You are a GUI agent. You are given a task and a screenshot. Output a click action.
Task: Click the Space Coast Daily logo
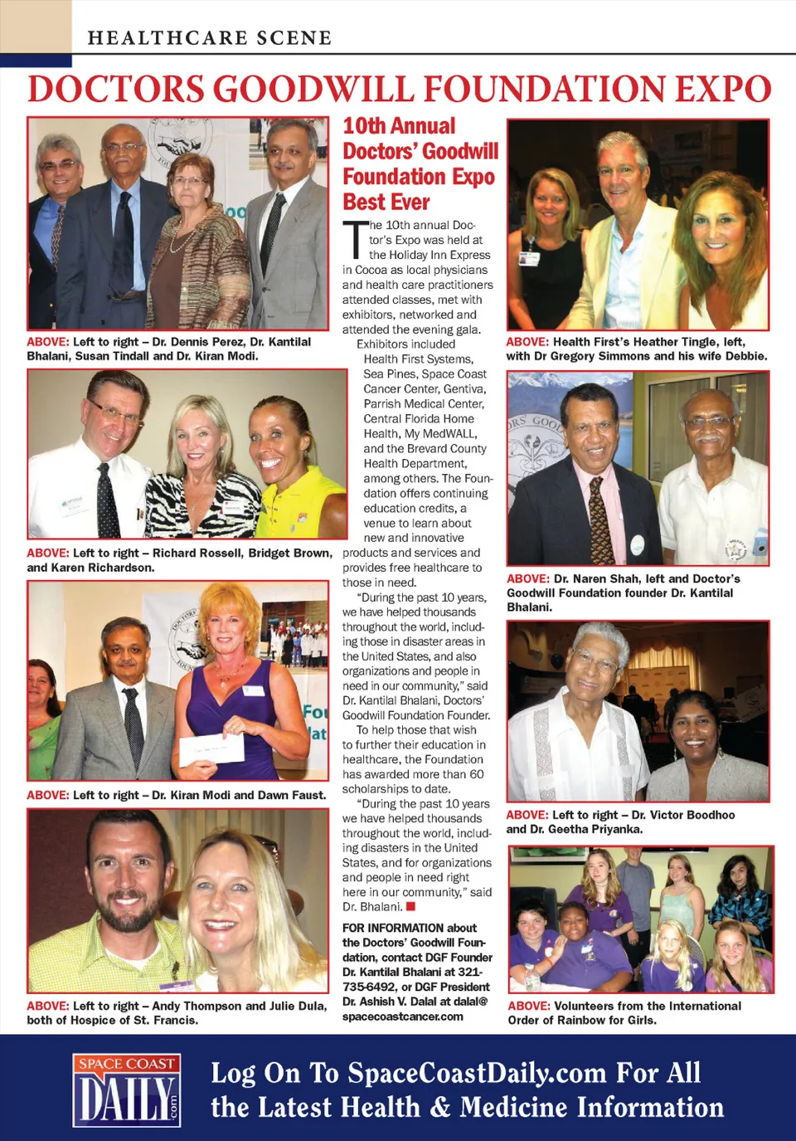tap(127, 1090)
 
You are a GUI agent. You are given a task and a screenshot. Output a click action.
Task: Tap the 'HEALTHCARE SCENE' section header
tap(209, 37)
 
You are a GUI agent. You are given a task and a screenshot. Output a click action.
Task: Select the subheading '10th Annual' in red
tap(399, 126)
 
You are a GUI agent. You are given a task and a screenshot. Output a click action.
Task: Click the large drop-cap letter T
tap(354, 239)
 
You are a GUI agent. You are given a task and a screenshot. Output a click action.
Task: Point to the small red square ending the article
tap(410, 906)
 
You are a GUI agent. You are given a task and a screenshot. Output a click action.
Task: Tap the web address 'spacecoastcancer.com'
tap(403, 1017)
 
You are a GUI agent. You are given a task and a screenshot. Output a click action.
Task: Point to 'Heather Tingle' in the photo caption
tap(676, 342)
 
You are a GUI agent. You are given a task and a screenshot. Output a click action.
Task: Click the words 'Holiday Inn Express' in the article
tap(430, 255)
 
